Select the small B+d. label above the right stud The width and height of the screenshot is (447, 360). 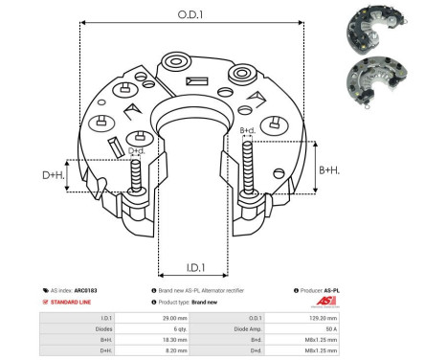[x=247, y=129]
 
